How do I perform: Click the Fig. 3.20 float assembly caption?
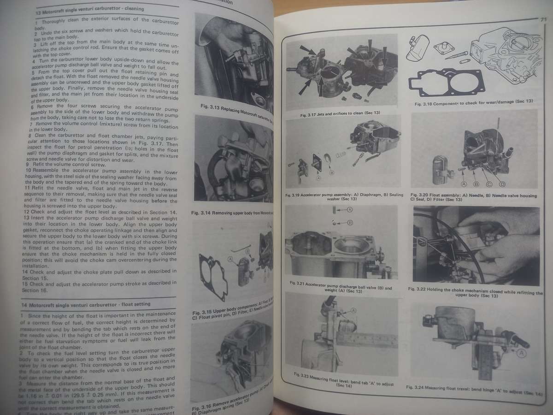click(474, 198)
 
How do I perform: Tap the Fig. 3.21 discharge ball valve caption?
click(338, 290)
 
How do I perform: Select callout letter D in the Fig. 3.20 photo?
click(502, 184)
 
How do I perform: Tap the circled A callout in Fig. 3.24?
click(521, 353)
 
